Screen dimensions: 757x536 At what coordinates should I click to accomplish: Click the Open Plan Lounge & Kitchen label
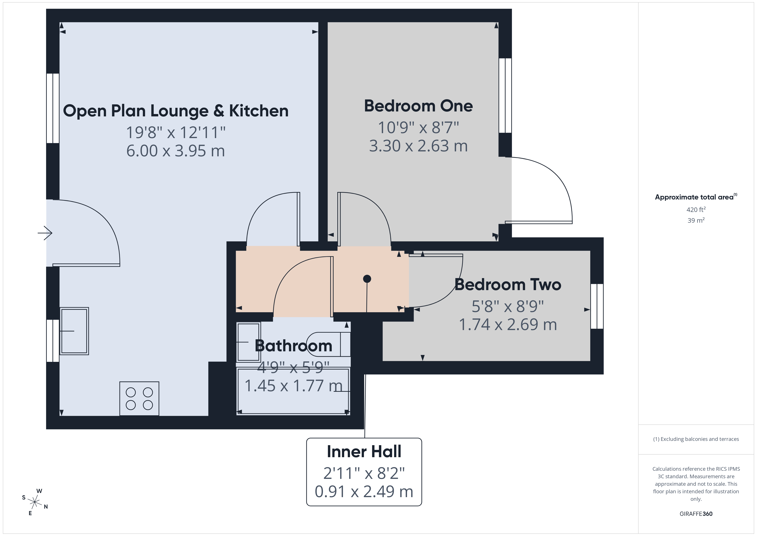[176, 111]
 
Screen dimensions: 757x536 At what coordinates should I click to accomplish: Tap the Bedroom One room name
[418, 106]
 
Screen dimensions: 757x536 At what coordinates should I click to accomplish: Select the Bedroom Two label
[508, 285]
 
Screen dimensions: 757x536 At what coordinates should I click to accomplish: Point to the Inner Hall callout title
[364, 452]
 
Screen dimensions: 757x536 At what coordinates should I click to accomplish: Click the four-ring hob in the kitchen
[139, 399]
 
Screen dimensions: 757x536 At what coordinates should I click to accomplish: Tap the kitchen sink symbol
[74, 331]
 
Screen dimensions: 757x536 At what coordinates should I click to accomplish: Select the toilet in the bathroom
[328, 344]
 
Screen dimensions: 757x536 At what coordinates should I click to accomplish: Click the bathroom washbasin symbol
[249, 342]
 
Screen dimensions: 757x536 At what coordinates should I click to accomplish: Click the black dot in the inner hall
[367, 279]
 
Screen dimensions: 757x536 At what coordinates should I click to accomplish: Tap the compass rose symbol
[35, 502]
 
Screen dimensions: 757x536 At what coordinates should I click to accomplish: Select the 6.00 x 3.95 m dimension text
[176, 151]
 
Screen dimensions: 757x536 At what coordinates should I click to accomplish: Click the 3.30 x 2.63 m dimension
[418, 146]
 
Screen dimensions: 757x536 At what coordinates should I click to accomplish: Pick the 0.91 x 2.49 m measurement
[364, 492]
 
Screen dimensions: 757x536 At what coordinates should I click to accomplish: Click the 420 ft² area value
[696, 210]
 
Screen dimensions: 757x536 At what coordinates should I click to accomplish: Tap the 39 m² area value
[696, 220]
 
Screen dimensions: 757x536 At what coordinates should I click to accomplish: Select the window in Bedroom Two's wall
[597, 306]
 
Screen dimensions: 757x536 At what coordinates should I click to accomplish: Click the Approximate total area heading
[696, 197]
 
